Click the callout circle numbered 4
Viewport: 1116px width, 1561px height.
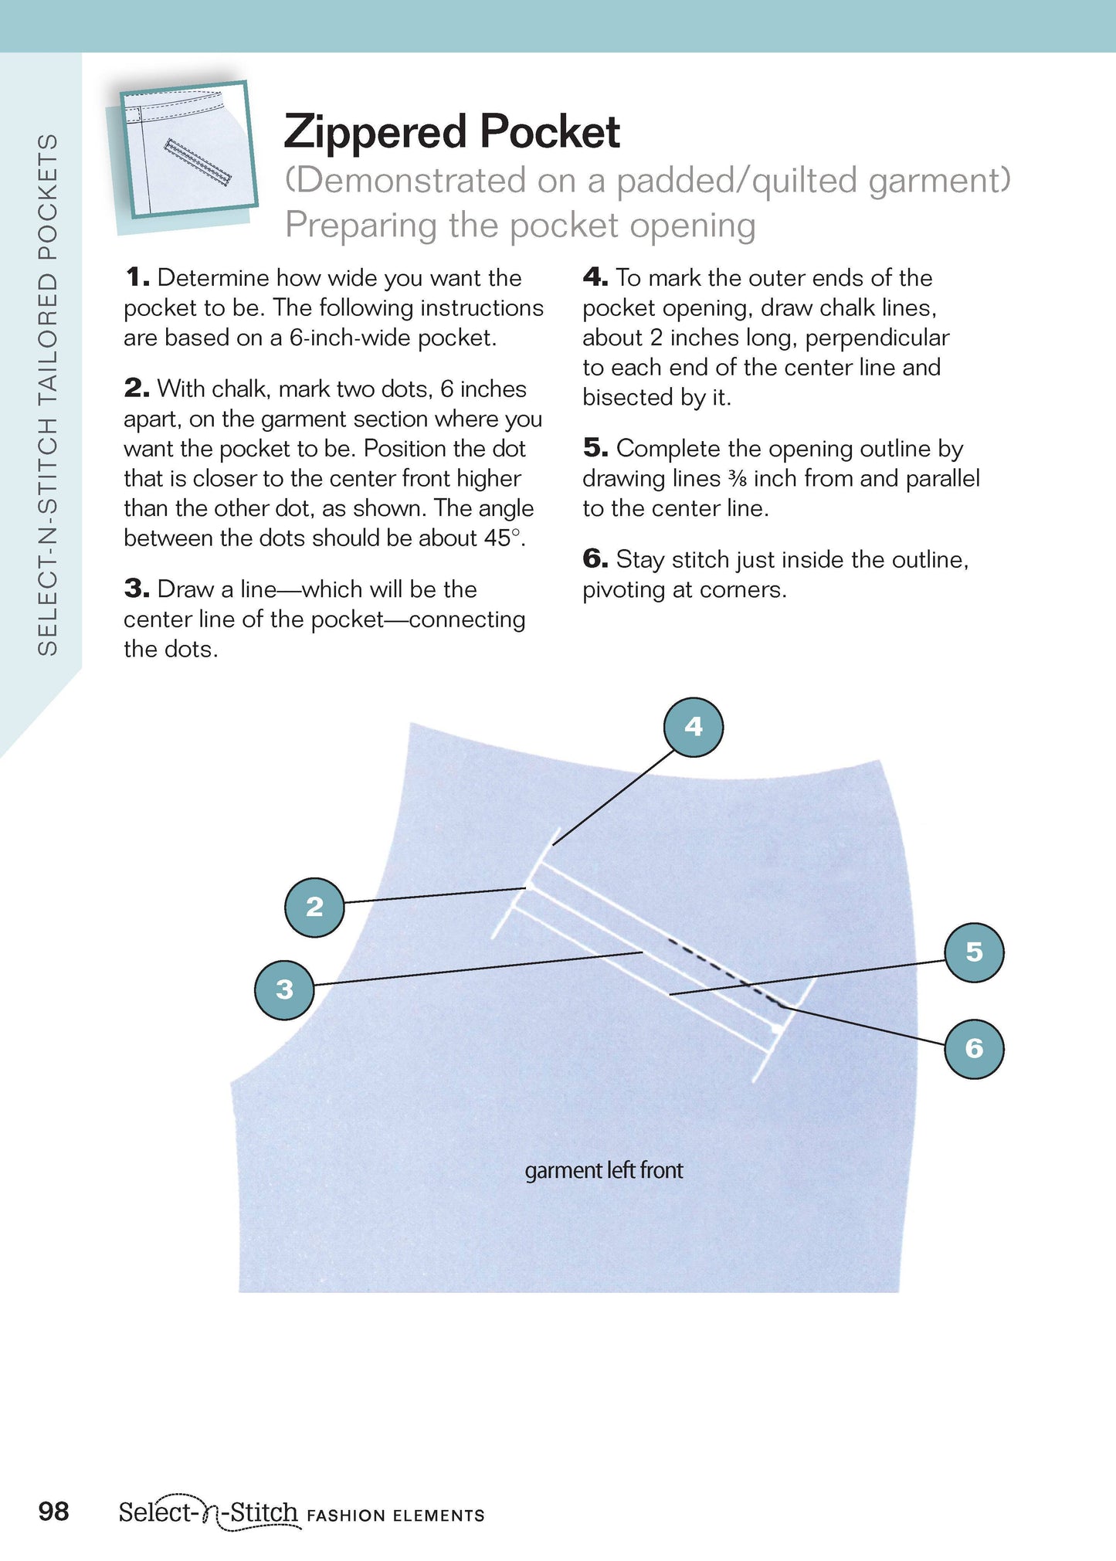coord(694,727)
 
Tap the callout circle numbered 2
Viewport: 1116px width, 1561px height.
coord(314,907)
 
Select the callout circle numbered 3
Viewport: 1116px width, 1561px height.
coord(284,989)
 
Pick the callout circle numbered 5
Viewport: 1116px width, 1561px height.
coord(975,952)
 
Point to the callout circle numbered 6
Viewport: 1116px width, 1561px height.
coord(975,1049)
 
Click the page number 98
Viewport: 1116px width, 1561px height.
coord(53,1511)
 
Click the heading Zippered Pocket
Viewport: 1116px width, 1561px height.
coord(452,131)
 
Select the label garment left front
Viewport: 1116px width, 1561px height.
coord(603,1170)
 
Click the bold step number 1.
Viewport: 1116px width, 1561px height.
coord(136,277)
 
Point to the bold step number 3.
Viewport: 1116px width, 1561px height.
coord(136,589)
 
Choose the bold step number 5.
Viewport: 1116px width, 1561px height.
coord(595,448)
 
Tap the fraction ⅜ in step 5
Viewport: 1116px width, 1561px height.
coord(737,479)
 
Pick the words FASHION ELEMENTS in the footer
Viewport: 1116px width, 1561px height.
coord(395,1515)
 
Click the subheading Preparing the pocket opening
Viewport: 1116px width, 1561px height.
coord(520,226)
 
